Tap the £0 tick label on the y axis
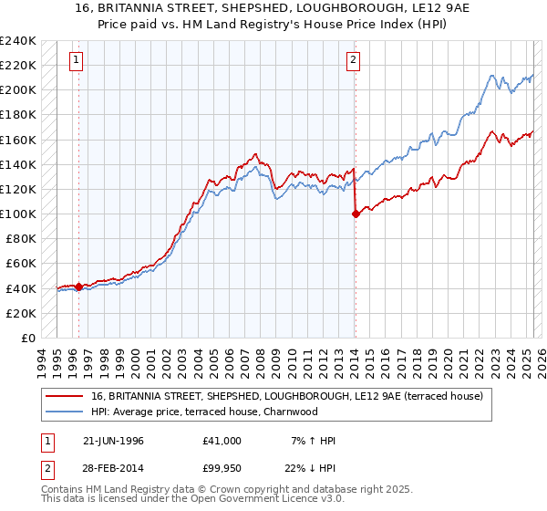click(x=27, y=338)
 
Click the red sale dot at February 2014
click(x=355, y=214)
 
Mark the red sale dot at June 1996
click(x=79, y=287)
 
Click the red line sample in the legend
click(x=66, y=396)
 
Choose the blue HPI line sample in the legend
click(x=66, y=412)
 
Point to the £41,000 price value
click(x=222, y=441)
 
